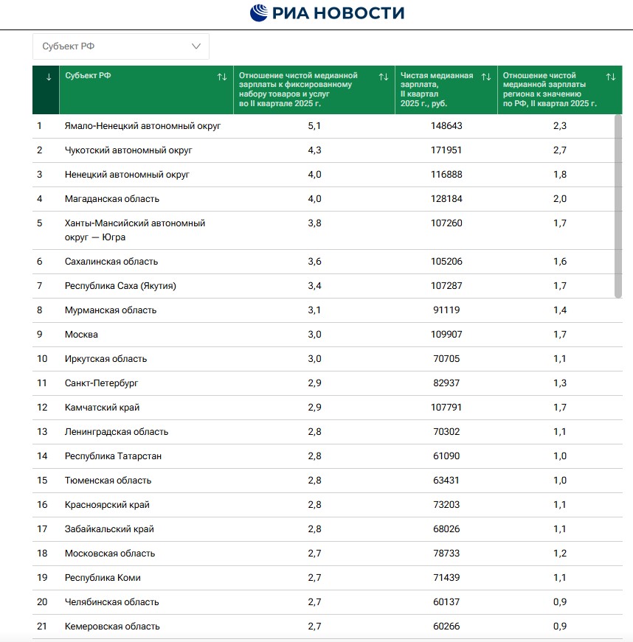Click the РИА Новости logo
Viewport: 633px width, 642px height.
point(327,13)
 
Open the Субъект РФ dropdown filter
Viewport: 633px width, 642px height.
point(121,46)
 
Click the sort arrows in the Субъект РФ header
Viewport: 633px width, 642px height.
point(221,77)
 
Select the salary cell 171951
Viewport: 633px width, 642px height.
point(446,150)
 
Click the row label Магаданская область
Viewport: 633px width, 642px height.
point(112,199)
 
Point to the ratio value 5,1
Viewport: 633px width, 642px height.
point(314,126)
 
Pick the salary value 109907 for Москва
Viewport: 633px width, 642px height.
point(446,335)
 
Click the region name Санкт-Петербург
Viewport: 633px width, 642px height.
point(102,383)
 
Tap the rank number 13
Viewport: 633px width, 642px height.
point(42,432)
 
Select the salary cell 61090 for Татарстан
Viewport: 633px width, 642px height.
point(446,456)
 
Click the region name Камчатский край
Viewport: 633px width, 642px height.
point(103,408)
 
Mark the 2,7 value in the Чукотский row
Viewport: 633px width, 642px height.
point(560,150)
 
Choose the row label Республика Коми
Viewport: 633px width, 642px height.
point(103,578)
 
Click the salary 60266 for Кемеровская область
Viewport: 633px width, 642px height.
point(446,627)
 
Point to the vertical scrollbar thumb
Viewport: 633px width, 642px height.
point(618,206)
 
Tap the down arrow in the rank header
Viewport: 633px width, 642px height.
point(49,77)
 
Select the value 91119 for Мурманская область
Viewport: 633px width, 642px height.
point(446,310)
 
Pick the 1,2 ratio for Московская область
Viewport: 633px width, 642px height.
point(560,554)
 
